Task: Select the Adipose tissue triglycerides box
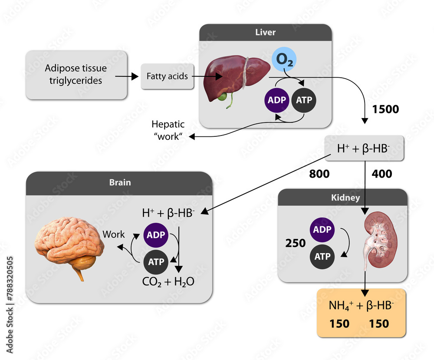tap(76, 75)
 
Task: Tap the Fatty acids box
tap(167, 76)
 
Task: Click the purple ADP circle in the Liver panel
tap(277, 100)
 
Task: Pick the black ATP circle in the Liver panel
tap(303, 100)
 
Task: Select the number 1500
tap(385, 109)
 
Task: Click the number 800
tap(319, 174)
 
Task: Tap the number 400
tap(382, 174)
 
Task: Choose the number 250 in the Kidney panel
tap(296, 243)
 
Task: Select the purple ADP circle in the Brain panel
tap(156, 234)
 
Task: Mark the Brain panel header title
tap(119, 183)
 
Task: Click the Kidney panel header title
tap(342, 198)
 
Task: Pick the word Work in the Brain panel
tap(113, 234)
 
